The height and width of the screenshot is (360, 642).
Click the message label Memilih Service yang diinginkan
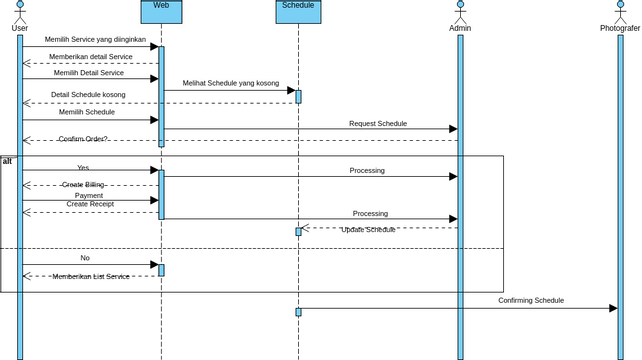(96, 39)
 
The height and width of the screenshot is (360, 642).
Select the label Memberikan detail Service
(91, 57)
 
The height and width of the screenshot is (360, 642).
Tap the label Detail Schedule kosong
(89, 95)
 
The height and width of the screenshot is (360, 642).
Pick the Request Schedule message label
(378, 124)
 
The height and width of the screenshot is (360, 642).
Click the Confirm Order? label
(83, 139)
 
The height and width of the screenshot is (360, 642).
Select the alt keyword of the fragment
(8, 161)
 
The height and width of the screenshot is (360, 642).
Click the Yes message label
(83, 168)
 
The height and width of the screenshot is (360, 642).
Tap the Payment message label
(89, 196)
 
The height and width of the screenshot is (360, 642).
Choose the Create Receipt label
(90, 204)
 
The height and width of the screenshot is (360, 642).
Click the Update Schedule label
(369, 230)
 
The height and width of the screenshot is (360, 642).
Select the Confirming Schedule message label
(531, 300)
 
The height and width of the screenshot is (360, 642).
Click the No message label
(85, 258)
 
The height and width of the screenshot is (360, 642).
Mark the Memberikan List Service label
(91, 276)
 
